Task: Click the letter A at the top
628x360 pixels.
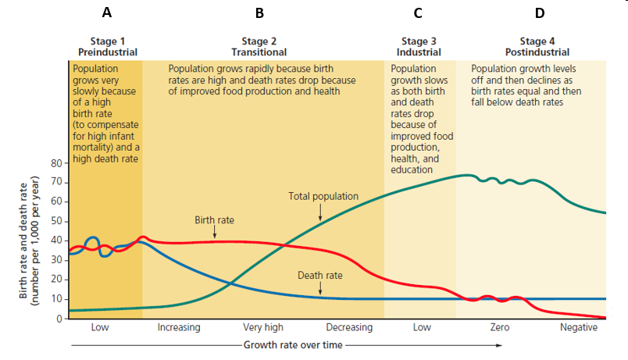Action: pyautogui.click(x=107, y=12)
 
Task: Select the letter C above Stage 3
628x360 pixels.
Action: pyautogui.click(x=418, y=12)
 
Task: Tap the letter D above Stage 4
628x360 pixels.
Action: pyautogui.click(x=540, y=12)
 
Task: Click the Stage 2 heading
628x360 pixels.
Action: pyautogui.click(x=259, y=41)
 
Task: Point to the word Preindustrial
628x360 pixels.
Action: pyautogui.click(x=108, y=52)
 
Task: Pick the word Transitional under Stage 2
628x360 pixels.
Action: pyautogui.click(x=259, y=52)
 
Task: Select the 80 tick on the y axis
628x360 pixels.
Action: pyautogui.click(x=56, y=163)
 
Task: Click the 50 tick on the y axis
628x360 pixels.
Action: pyautogui.click(x=56, y=222)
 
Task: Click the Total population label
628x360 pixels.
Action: pyautogui.click(x=323, y=197)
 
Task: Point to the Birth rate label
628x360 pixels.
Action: pyautogui.click(x=214, y=220)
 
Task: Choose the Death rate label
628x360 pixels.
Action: pyautogui.click(x=320, y=276)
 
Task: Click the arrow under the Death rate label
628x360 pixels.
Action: pyautogui.click(x=320, y=289)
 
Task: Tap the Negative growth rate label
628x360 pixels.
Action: pyautogui.click(x=579, y=328)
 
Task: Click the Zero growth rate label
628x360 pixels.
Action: pyautogui.click(x=500, y=328)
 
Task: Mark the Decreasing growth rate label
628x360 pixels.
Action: pyautogui.click(x=349, y=328)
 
